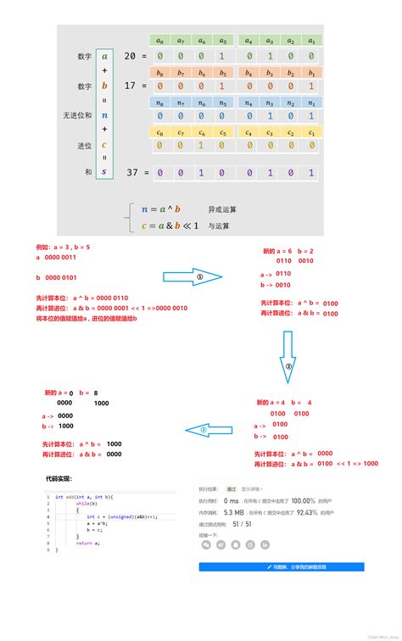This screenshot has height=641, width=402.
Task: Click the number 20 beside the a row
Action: pyautogui.click(x=129, y=56)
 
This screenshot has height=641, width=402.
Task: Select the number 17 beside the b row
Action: pyautogui.click(x=129, y=86)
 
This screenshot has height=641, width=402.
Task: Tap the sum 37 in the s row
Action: pyautogui.click(x=129, y=172)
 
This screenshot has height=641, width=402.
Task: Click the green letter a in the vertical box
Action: pyautogui.click(x=104, y=56)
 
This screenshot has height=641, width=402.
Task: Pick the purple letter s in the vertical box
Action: pyautogui.click(x=104, y=172)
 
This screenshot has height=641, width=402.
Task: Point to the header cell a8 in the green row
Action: pyautogui.click(x=158, y=40)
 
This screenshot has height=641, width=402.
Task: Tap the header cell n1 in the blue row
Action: pyautogui.click(x=311, y=103)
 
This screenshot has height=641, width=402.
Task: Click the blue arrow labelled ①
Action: pyautogui.click(x=193, y=276)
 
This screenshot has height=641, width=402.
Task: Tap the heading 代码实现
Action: pyautogui.click(x=62, y=479)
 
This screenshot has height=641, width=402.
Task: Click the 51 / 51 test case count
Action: pyautogui.click(x=243, y=524)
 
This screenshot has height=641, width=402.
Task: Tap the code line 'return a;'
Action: pyautogui.click(x=84, y=543)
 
